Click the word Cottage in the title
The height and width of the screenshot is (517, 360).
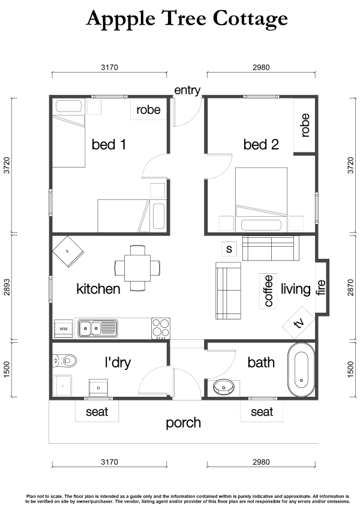click(x=250, y=19)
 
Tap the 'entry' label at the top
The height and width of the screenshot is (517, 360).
click(x=187, y=89)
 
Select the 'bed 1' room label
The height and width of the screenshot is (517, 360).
click(x=109, y=145)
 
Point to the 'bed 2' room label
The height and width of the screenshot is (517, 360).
click(x=261, y=145)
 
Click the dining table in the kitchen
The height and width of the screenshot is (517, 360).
click(x=137, y=268)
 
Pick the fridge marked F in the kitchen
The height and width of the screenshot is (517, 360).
click(x=68, y=252)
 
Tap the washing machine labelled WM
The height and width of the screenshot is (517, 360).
click(x=63, y=328)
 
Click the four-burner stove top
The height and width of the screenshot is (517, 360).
click(x=161, y=328)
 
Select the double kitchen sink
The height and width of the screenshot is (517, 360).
click(x=97, y=328)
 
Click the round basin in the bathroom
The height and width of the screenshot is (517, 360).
click(x=223, y=387)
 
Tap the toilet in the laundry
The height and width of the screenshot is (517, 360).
click(x=65, y=360)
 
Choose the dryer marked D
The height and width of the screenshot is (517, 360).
click(x=98, y=388)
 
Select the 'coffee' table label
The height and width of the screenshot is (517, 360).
click(x=268, y=291)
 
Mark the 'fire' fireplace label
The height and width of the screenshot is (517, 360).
click(x=321, y=287)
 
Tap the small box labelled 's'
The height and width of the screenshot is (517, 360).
click(x=229, y=249)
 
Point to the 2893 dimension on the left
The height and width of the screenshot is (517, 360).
click(x=7, y=287)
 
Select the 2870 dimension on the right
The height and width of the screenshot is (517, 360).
click(x=351, y=287)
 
